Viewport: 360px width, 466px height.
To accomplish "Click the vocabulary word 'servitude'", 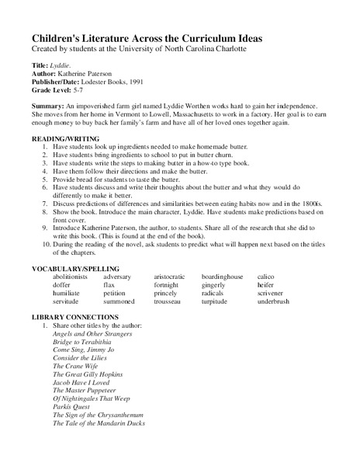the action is [x=69, y=303].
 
